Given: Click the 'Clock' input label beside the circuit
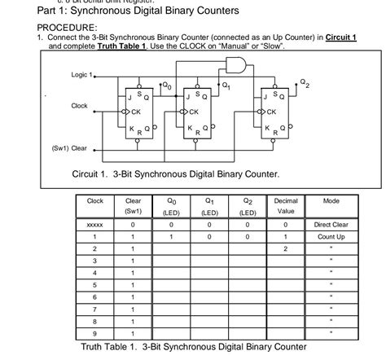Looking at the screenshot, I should [79, 106].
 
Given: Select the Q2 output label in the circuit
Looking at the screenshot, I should [304, 82].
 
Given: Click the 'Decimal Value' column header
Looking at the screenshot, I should [286, 205].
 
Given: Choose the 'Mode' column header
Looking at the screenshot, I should [331, 200].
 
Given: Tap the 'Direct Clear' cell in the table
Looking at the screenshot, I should [331, 223].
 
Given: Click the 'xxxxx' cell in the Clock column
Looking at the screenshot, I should [95, 223].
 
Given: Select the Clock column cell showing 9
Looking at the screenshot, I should [95, 333].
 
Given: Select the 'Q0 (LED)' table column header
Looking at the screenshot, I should [171, 205].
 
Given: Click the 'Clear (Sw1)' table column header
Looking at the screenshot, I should [133, 205].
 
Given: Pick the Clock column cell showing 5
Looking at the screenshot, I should [95, 284].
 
